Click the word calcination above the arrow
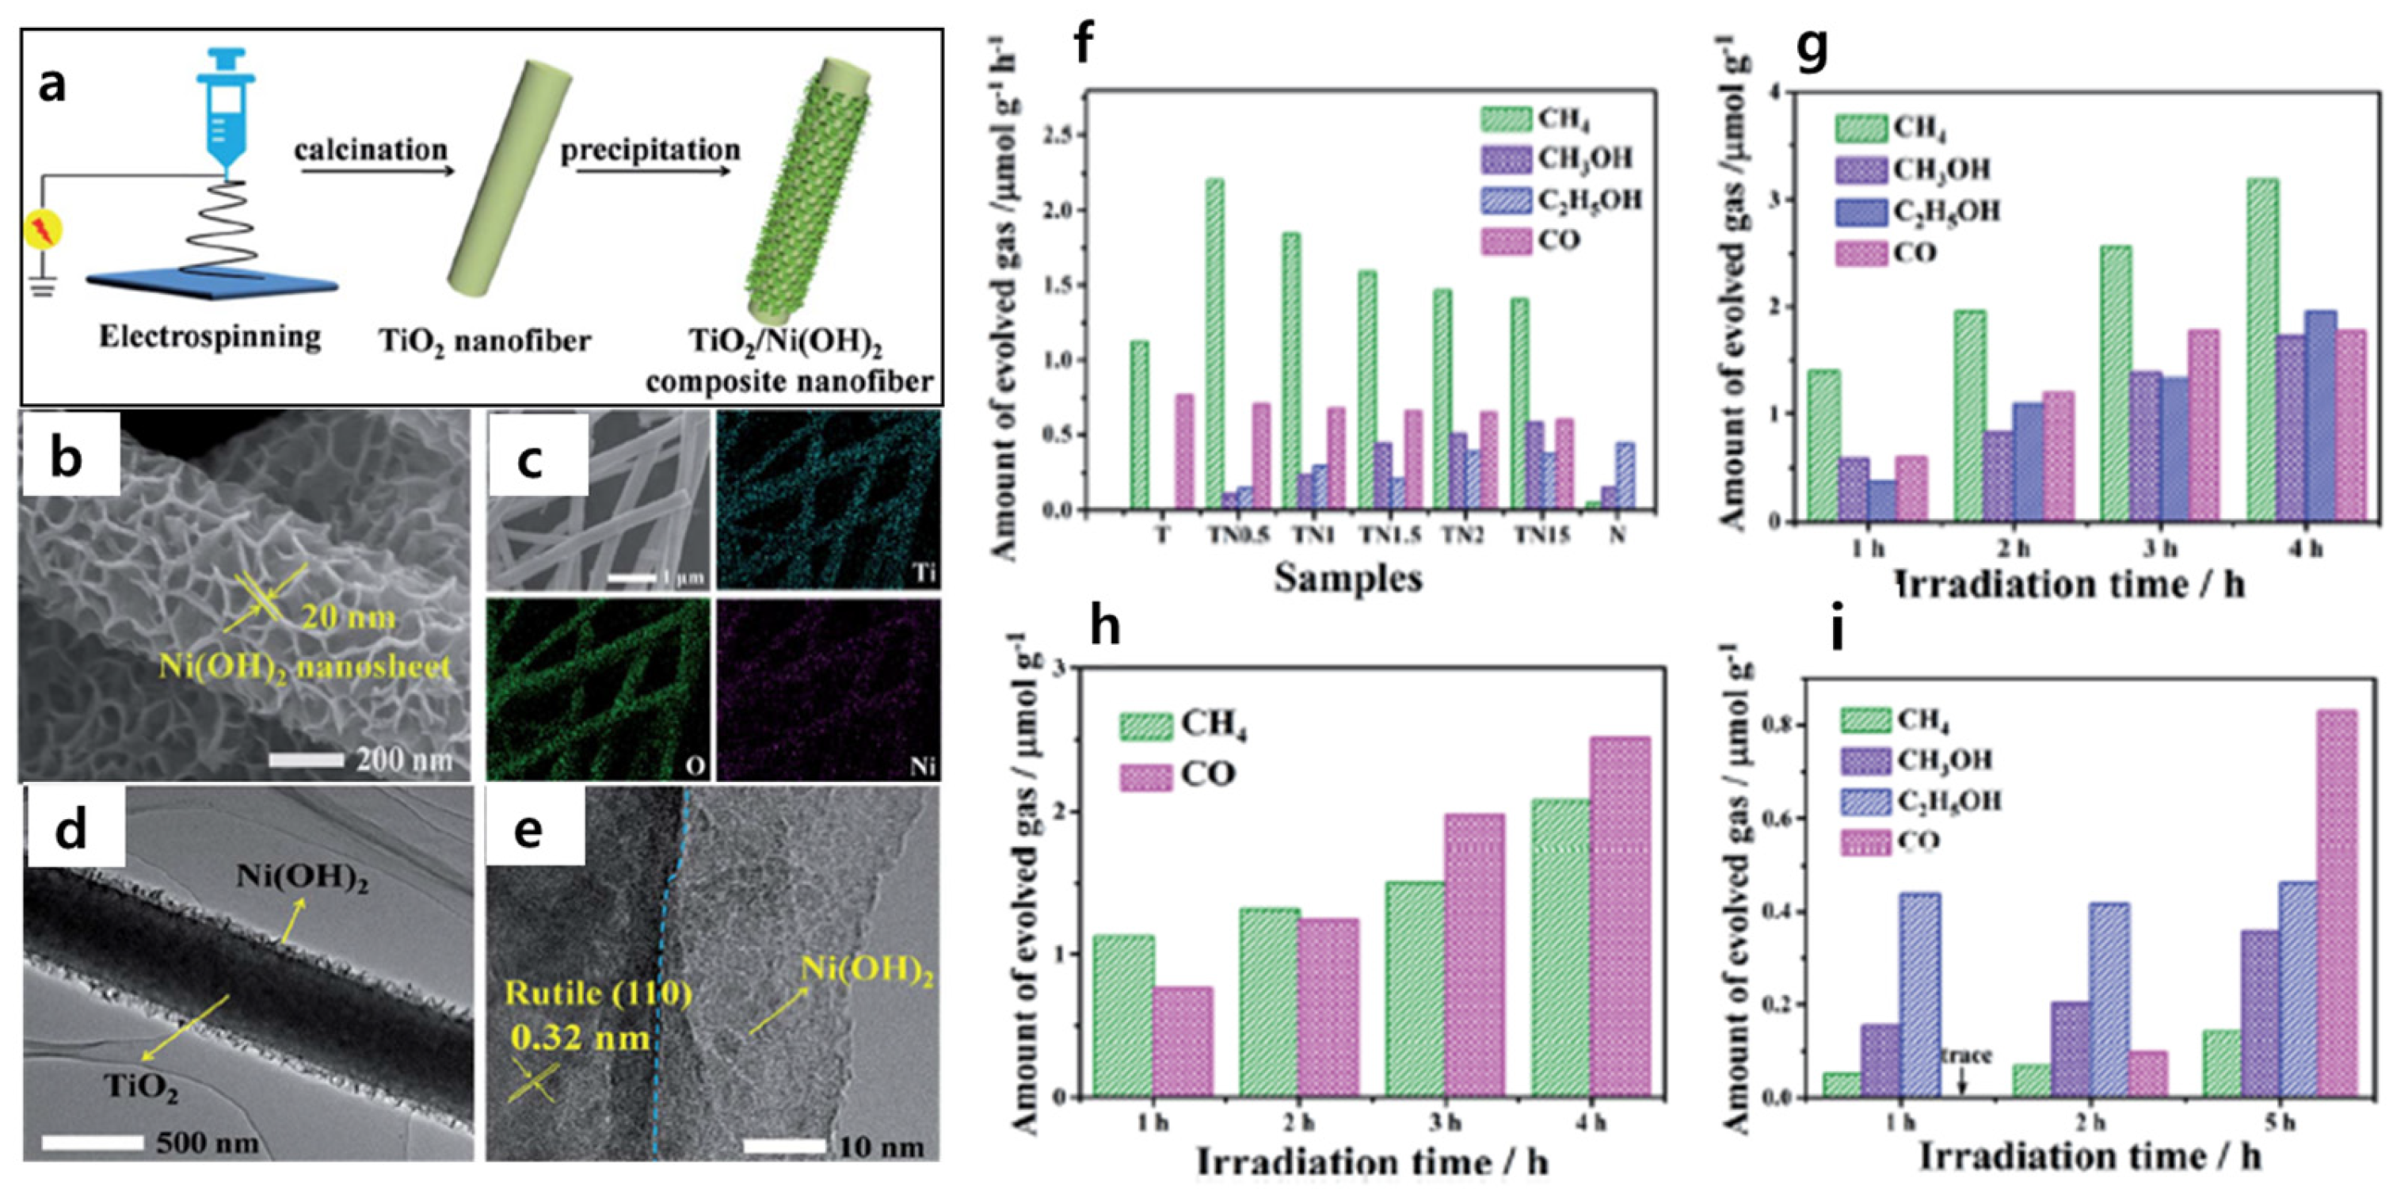(371, 150)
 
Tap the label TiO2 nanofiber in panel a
(484, 341)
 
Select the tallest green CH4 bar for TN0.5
(1214, 344)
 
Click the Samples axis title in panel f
(1346, 577)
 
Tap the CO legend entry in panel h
(1177, 774)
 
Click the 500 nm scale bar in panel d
(93, 1142)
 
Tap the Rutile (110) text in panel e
(599, 994)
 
